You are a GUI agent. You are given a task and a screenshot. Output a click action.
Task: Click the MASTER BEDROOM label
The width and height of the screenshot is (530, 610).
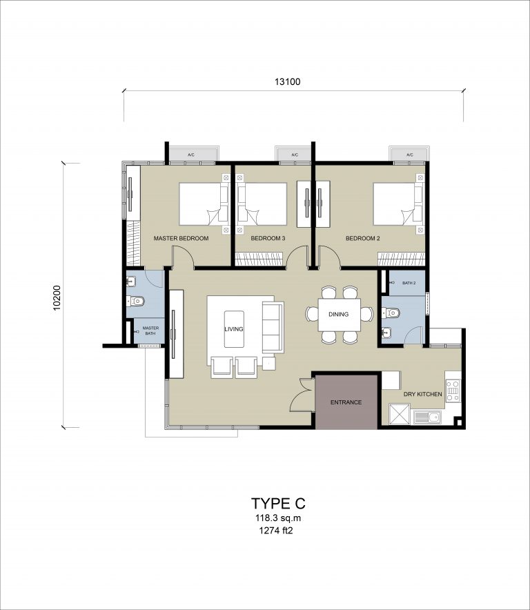click(181, 239)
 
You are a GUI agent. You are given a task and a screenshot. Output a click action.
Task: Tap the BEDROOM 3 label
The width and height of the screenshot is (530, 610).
click(268, 239)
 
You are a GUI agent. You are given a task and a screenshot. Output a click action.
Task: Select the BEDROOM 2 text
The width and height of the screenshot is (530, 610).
click(363, 239)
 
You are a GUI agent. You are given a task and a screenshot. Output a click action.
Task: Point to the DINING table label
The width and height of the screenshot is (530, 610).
click(339, 314)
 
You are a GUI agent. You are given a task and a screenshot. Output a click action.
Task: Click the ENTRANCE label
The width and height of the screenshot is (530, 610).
click(346, 402)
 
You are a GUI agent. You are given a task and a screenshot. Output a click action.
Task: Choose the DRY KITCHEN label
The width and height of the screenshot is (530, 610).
click(422, 394)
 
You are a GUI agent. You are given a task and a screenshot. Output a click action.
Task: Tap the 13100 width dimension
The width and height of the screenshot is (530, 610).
click(288, 81)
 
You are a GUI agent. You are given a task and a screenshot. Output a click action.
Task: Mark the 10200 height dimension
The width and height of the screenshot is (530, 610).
click(57, 298)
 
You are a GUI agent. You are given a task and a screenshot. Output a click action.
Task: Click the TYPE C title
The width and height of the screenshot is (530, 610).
click(278, 504)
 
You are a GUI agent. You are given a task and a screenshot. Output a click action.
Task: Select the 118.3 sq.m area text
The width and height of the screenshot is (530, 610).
click(278, 518)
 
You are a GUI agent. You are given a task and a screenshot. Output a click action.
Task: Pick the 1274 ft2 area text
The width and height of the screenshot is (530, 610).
click(276, 530)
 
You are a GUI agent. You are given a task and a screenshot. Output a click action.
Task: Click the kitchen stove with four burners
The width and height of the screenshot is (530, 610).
click(453, 391)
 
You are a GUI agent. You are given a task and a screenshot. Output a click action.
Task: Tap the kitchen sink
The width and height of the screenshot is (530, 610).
click(427, 417)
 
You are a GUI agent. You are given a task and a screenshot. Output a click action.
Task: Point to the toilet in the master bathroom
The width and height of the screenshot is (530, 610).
click(136, 301)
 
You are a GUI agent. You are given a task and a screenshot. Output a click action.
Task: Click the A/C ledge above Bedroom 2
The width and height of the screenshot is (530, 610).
click(410, 154)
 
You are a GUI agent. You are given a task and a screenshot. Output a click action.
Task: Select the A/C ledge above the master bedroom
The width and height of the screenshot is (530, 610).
click(191, 154)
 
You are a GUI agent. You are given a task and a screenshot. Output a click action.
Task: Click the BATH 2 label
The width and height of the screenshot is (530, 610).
click(409, 283)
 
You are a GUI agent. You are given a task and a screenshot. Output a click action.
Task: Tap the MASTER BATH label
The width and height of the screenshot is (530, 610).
click(150, 331)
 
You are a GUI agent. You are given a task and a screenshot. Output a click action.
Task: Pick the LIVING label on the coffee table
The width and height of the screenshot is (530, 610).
click(234, 328)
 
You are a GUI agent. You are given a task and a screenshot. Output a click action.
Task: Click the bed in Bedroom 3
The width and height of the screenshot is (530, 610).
click(262, 204)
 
